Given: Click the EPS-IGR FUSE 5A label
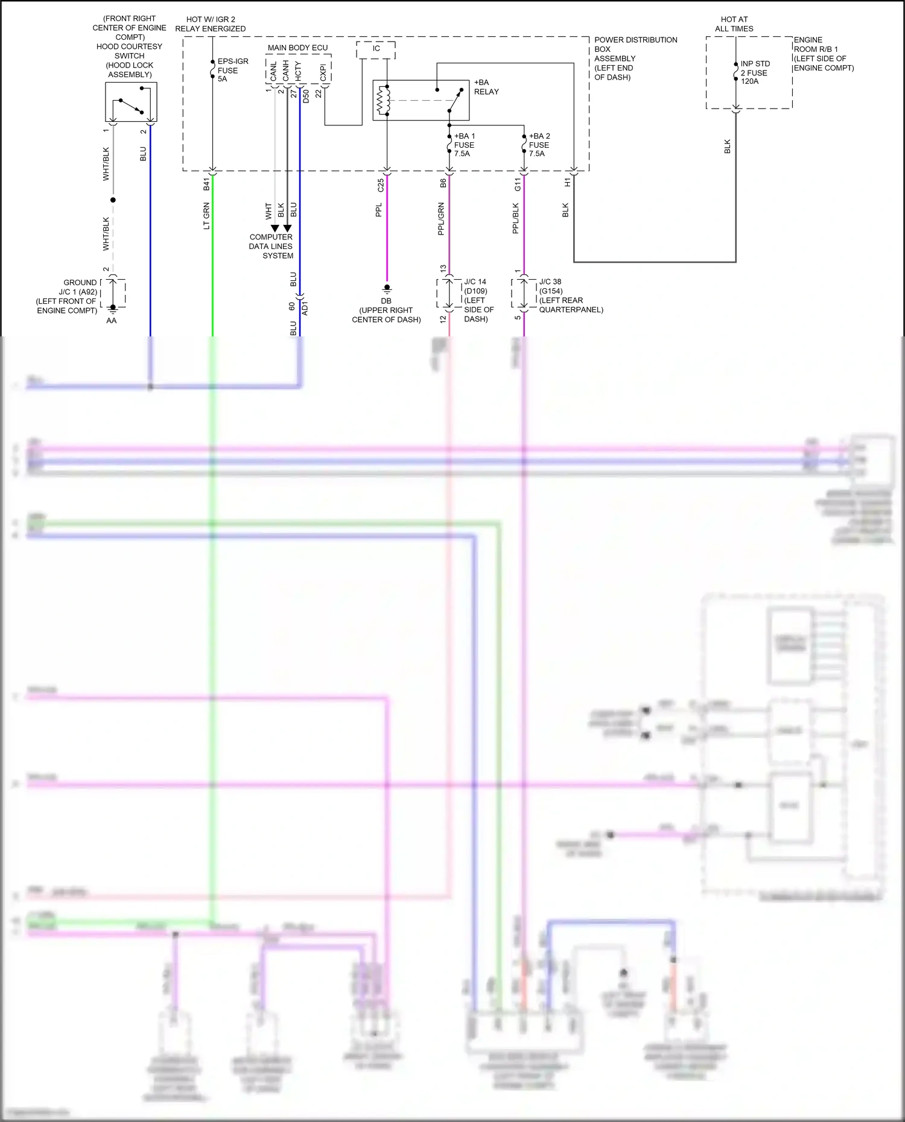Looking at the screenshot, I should pos(232,70).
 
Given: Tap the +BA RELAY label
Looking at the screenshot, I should pos(486,87).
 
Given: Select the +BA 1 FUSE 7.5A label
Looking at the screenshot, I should pos(464,145).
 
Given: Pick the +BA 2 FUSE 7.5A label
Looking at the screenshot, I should pos(539,145).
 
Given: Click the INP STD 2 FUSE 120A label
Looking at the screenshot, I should pos(755,72).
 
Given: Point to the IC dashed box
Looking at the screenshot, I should pos(376,49).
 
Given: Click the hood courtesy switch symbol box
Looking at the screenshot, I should pos(131,102).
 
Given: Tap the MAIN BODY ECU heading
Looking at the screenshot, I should pos(297,48).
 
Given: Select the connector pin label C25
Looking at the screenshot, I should pos(381,185).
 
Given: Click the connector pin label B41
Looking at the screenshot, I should pos(206,184).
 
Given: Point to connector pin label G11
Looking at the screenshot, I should pos(518,184).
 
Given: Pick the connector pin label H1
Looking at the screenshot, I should pos(567,182).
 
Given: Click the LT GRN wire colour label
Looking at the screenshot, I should pos(206,216).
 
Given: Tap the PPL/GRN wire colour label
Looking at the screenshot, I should pos(441,218).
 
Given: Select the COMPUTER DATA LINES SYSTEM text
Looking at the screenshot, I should pos(271,246).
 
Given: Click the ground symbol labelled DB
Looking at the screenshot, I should pos(387,289).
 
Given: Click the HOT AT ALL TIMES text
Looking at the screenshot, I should pos(734,24).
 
